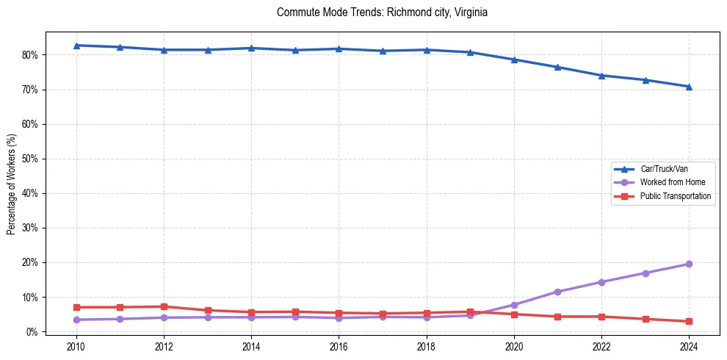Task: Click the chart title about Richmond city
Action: coord(382,12)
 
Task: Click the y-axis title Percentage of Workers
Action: coord(11,184)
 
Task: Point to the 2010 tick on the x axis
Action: coord(76,345)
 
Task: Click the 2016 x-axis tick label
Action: coord(339,345)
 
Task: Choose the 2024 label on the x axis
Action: coord(689,345)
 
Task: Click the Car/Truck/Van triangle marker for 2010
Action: coord(76,46)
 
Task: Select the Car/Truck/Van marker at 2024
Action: coord(689,87)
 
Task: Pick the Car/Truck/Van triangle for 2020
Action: coord(514,60)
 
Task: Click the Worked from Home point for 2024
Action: coord(689,264)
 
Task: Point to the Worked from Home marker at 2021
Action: coord(557,292)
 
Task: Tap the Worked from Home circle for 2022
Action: coord(601,282)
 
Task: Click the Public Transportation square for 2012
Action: coord(164,306)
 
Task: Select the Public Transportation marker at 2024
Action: coord(689,321)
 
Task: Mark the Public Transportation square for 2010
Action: coord(76,307)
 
